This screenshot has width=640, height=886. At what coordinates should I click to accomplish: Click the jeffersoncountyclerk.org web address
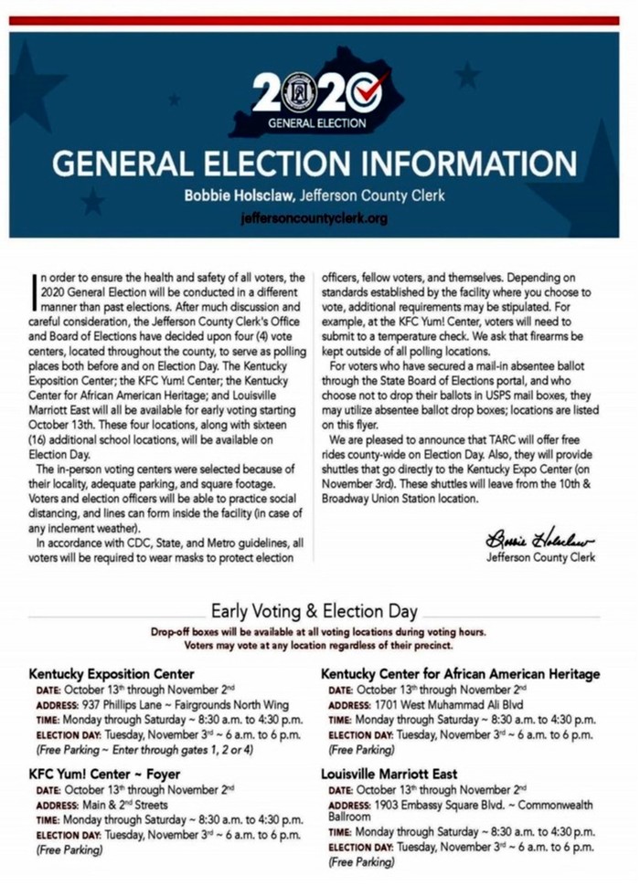coord(314,219)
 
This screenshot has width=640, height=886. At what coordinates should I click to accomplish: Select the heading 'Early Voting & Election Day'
coord(314,611)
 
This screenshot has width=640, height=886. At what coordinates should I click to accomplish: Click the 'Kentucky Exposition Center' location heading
coord(112,674)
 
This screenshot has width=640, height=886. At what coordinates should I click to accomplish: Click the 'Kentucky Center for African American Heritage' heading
coord(460,674)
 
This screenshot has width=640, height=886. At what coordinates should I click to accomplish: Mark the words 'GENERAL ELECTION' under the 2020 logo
coord(316,121)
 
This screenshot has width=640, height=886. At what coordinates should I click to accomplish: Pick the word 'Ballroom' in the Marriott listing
coord(349,817)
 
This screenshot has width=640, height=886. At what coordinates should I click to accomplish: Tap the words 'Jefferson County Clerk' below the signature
coord(540,556)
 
